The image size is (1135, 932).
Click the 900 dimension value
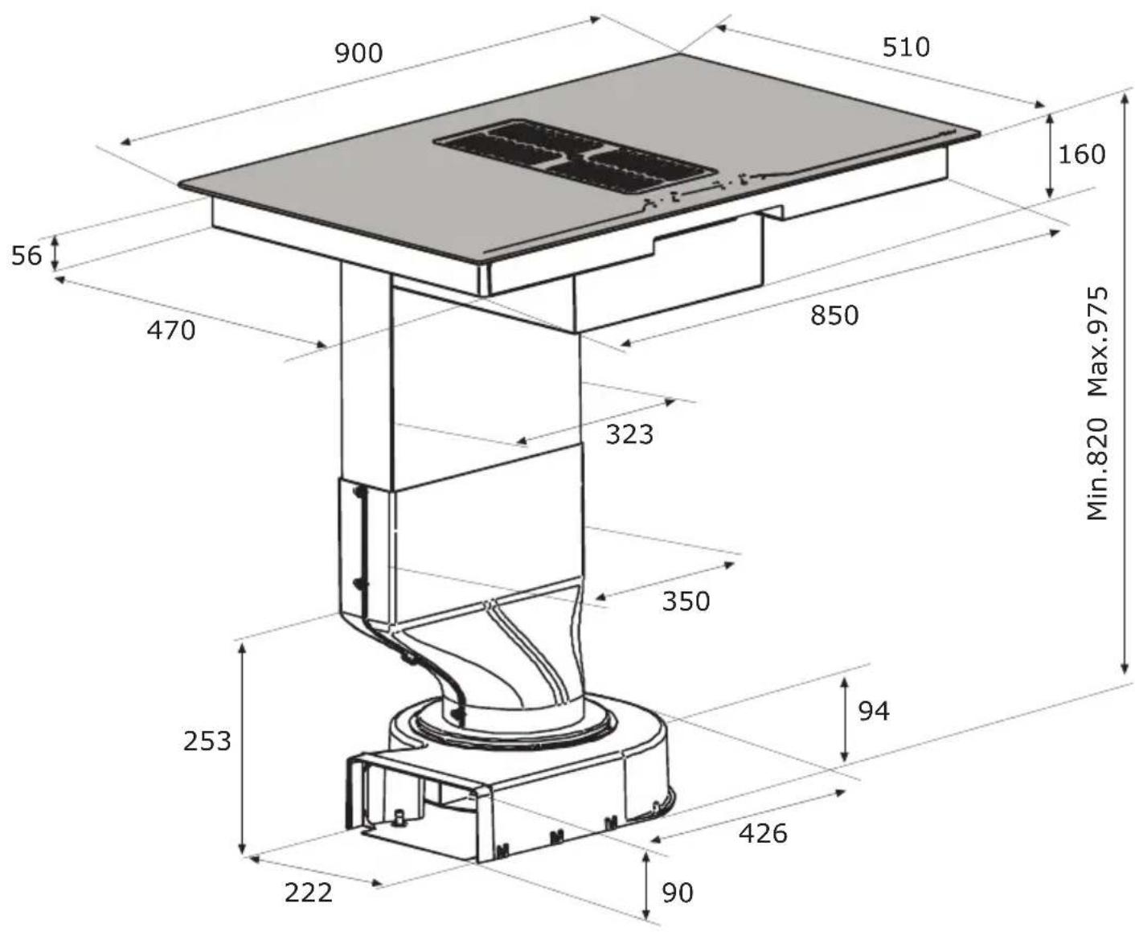click(x=359, y=53)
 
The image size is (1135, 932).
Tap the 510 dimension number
click(x=906, y=47)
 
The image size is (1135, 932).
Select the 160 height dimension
click(x=1082, y=154)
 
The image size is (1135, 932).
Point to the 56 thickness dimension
click(x=27, y=256)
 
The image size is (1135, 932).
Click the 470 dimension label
click(x=171, y=330)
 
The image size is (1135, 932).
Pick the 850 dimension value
click(x=834, y=315)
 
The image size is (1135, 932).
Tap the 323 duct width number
click(x=629, y=434)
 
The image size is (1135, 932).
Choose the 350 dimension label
click(x=686, y=601)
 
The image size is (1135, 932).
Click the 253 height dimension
click(x=207, y=741)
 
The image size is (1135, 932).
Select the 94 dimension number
click(x=874, y=711)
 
